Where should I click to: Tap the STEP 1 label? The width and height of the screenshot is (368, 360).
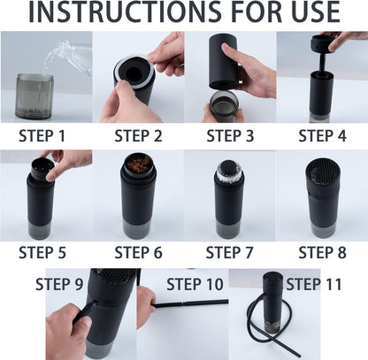42,135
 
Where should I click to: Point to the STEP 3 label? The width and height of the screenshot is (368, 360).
230,135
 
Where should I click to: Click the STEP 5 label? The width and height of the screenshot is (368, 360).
42,252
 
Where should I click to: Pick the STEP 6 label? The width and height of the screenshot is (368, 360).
138,252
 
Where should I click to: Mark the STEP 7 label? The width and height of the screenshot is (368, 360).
230,252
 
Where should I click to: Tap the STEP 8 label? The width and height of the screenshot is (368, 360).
321,252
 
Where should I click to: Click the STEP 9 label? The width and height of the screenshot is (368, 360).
59,284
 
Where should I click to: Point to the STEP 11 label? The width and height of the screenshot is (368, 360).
315,284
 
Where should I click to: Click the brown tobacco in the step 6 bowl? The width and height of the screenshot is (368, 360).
139,165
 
